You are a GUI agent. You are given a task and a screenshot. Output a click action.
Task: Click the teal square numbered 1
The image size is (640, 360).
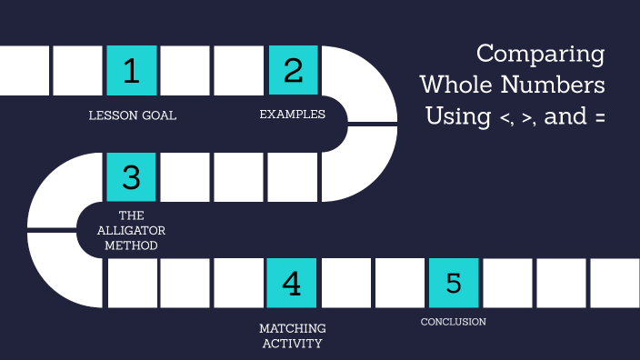(132, 71)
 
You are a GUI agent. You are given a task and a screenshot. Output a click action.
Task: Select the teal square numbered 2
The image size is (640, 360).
(293, 71)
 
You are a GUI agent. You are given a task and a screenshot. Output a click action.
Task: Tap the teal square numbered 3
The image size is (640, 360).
(132, 177)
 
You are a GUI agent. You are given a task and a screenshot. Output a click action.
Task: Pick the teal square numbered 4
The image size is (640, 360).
(292, 284)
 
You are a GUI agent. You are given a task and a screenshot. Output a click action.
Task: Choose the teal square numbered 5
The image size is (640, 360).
(453, 284)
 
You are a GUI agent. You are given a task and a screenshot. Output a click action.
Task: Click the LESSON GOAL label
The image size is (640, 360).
(133, 115)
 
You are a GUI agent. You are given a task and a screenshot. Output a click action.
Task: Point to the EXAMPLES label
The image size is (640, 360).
(293, 115)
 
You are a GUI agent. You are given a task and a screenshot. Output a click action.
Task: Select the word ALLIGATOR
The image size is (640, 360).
(132, 231)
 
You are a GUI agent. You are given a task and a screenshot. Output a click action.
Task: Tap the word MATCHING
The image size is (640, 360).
(292, 328)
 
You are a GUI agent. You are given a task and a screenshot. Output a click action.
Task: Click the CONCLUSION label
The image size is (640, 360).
(453, 322)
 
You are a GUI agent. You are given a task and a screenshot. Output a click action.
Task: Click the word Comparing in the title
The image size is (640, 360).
(540, 55)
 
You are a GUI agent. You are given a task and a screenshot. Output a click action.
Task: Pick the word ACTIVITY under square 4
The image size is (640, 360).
(292, 344)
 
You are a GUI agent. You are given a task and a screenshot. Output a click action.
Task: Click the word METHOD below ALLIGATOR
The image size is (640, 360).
(132, 245)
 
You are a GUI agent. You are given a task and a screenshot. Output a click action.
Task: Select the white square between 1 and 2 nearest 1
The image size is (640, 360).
(185, 71)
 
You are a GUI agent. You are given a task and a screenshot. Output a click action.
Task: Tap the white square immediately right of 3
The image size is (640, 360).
(185, 177)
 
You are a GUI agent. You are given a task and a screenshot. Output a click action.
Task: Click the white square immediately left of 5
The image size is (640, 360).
(400, 284)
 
